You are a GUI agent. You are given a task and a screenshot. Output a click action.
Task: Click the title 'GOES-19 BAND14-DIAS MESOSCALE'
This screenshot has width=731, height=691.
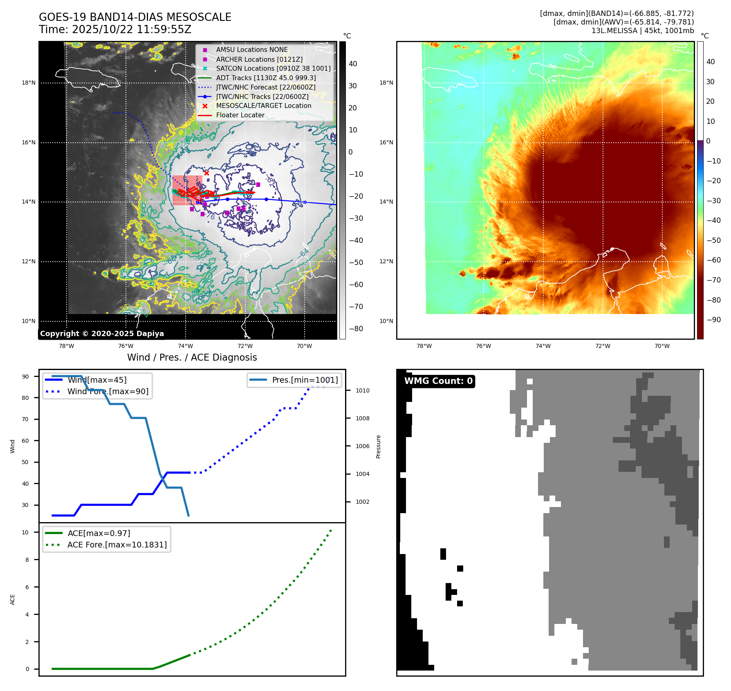click(x=135, y=17)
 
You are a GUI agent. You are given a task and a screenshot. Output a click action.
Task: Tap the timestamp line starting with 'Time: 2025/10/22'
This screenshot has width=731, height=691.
click(x=115, y=30)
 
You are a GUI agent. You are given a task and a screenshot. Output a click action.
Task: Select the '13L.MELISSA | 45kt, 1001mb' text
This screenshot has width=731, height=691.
click(x=642, y=31)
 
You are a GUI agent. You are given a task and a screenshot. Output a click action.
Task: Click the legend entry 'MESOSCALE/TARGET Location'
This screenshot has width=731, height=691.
click(x=263, y=106)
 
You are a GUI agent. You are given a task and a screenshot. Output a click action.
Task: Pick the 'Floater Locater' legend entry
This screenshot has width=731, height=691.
click(x=240, y=115)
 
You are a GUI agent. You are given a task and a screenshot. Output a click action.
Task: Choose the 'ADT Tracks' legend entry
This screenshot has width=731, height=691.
click(x=266, y=78)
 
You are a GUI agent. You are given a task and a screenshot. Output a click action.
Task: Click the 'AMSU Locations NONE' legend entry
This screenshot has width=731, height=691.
click(x=251, y=50)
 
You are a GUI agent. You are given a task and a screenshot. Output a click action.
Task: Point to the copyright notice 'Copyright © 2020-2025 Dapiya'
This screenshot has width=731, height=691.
click(x=102, y=334)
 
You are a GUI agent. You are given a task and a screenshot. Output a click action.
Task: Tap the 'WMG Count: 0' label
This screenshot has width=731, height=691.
click(x=438, y=381)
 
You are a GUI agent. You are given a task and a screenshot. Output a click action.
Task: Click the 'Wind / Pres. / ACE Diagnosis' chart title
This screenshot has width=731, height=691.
click(x=192, y=357)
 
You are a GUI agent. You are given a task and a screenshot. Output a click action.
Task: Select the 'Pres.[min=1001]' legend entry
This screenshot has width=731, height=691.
click(x=305, y=380)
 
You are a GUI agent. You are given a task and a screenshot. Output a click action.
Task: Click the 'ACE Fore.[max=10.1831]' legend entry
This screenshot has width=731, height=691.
click(x=117, y=545)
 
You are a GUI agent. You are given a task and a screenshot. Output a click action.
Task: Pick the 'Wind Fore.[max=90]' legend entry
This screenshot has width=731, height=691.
click(x=108, y=391)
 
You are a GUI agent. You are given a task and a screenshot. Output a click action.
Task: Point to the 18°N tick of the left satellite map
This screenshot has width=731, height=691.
click(x=29, y=83)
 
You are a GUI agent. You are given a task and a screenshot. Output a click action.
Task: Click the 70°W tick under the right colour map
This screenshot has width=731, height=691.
click(x=662, y=346)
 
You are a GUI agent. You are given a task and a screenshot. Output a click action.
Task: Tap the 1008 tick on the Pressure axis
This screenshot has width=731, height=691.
click(x=362, y=418)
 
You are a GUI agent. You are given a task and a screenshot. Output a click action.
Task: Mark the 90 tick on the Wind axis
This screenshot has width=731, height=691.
click(x=25, y=377)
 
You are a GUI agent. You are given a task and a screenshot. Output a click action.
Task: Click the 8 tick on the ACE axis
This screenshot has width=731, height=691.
click(x=27, y=560)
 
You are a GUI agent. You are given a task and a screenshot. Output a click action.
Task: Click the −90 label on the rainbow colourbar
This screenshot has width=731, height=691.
click(x=713, y=320)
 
